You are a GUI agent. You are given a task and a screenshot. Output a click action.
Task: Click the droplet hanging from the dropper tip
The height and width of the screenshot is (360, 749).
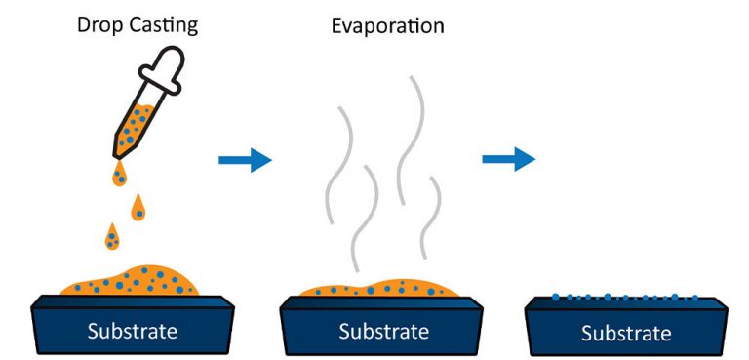click(119, 175)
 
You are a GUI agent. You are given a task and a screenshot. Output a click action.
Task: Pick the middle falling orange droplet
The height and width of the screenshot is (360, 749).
click(140, 208)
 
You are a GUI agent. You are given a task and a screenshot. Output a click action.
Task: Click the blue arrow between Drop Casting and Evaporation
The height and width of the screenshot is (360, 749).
click(244, 158)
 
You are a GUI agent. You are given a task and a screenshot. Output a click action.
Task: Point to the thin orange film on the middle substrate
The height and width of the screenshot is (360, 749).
click(380, 288)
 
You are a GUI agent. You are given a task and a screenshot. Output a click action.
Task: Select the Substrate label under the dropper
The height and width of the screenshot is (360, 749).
click(133, 330)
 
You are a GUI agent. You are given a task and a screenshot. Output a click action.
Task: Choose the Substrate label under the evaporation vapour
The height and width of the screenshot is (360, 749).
click(383, 331)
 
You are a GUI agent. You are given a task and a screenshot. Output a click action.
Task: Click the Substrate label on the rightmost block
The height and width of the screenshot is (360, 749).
click(626, 333)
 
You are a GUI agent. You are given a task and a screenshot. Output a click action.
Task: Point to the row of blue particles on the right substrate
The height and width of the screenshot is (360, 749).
click(624, 297)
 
